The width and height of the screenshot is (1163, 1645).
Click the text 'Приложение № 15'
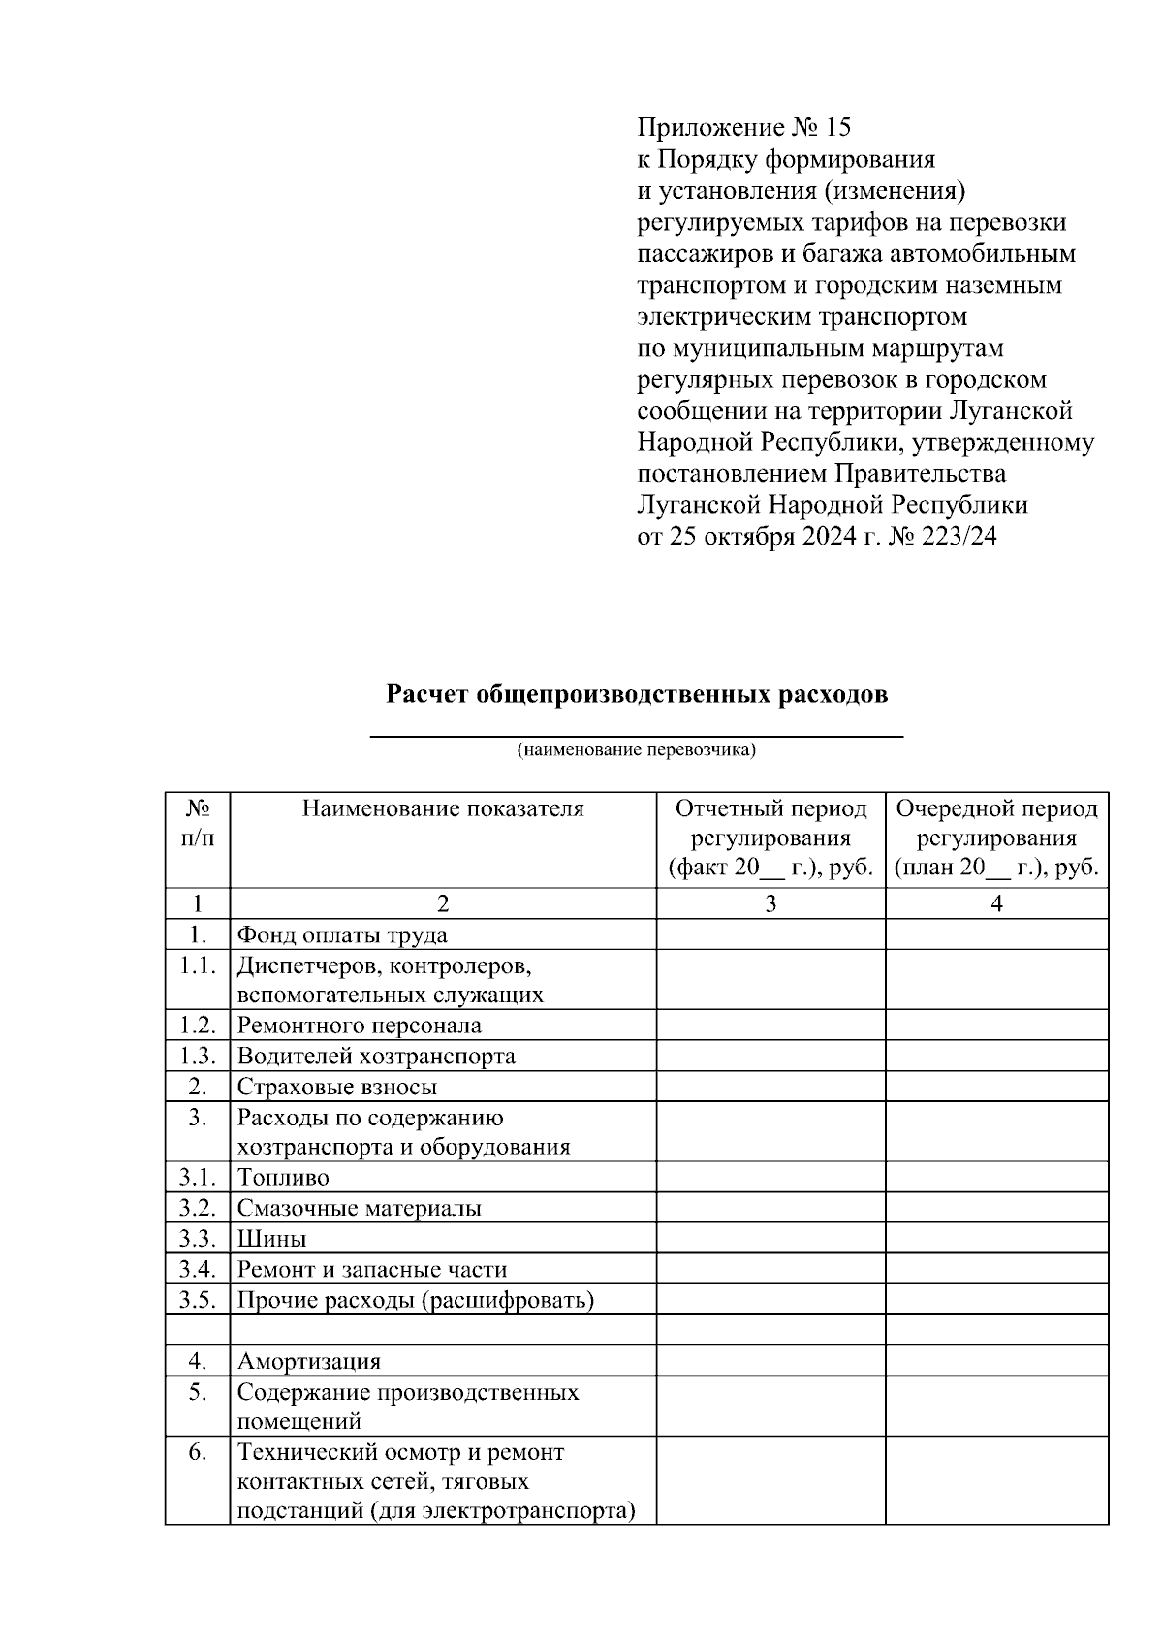point(743,127)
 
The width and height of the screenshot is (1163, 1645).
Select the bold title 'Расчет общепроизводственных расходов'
point(637,695)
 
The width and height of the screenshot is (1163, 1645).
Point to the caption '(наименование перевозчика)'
point(637,750)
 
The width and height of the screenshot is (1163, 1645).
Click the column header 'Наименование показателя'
point(443,808)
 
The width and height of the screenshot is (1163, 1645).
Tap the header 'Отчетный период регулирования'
point(770,823)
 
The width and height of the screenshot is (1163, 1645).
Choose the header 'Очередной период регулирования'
point(996,823)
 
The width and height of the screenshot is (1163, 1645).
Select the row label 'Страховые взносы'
point(337,1088)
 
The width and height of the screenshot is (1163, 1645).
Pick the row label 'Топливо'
point(283,1178)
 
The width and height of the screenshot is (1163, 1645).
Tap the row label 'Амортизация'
point(309,1361)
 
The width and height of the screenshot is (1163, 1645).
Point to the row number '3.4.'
point(197,1269)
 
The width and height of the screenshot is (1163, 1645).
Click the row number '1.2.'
point(197,1026)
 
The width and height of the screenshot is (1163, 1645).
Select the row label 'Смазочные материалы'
point(359,1209)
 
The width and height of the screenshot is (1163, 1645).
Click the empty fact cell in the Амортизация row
point(770,1361)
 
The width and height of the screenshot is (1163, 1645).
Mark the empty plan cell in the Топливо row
point(996,1178)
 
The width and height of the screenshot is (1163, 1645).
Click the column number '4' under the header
point(996,904)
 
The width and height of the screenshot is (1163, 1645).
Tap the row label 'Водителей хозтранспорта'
point(376,1057)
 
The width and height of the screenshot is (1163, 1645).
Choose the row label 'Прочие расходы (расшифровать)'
point(415,1300)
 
